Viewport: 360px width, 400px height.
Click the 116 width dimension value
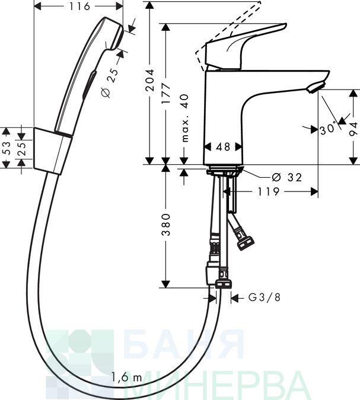click(x=79, y=7)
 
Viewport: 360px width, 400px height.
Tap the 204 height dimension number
click(x=149, y=80)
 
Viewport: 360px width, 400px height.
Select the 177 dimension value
click(x=166, y=93)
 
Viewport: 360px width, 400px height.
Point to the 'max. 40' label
click(x=184, y=118)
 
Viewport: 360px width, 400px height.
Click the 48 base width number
click(x=223, y=147)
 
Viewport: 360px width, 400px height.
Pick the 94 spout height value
click(x=353, y=129)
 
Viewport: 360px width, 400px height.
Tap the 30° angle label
click(x=328, y=129)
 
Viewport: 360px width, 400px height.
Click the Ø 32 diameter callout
click(x=286, y=177)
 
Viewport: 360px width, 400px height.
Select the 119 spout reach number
click(x=268, y=191)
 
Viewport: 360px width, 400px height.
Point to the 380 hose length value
click(x=166, y=225)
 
